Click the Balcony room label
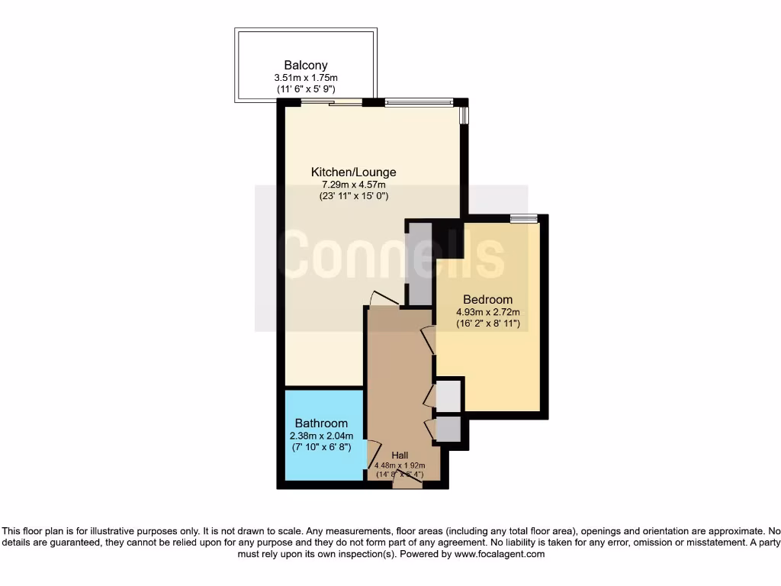(x=306, y=66)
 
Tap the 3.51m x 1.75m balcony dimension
(x=306, y=78)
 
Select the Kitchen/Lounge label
(x=353, y=172)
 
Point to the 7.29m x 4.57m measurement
(x=353, y=185)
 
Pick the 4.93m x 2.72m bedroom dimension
(x=488, y=312)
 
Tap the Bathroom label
(x=321, y=423)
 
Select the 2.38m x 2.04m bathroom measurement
(x=321, y=436)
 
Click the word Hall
(x=400, y=455)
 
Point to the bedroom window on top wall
(x=523, y=219)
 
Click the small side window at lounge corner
(x=464, y=115)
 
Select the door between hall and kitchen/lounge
(x=384, y=300)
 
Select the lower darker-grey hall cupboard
(x=448, y=430)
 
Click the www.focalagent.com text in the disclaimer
(x=500, y=555)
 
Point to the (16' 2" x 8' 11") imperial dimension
(x=488, y=324)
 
